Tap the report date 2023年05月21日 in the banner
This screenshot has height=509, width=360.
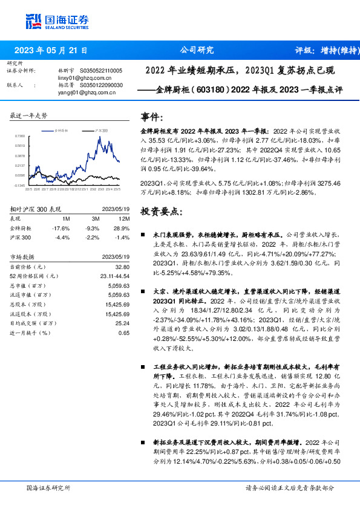(x=50, y=51)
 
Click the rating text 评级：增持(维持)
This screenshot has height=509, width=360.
(x=319, y=51)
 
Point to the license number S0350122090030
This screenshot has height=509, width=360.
(x=100, y=86)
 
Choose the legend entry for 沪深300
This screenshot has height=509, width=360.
(x=101, y=131)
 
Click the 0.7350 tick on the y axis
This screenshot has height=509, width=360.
(x=20, y=137)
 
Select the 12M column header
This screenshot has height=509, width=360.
(x=124, y=218)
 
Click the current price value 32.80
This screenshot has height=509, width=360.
(x=123, y=267)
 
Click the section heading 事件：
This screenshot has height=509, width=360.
(x=151, y=117)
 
